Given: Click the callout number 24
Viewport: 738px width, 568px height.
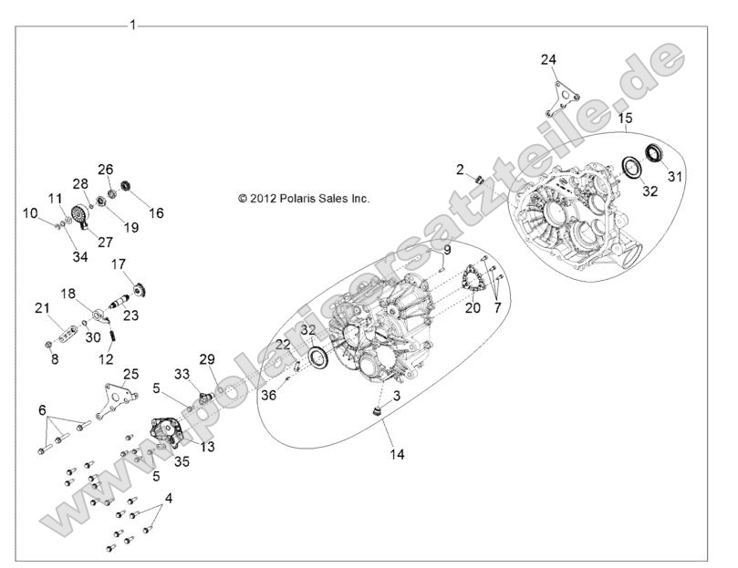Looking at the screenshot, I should click(547, 59).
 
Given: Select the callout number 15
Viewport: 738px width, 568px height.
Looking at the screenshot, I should click(624, 119).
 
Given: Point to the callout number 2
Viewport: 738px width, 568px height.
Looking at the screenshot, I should click(461, 169).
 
